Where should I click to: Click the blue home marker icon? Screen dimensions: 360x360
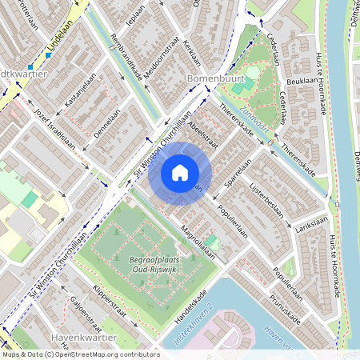coord(180,172)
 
